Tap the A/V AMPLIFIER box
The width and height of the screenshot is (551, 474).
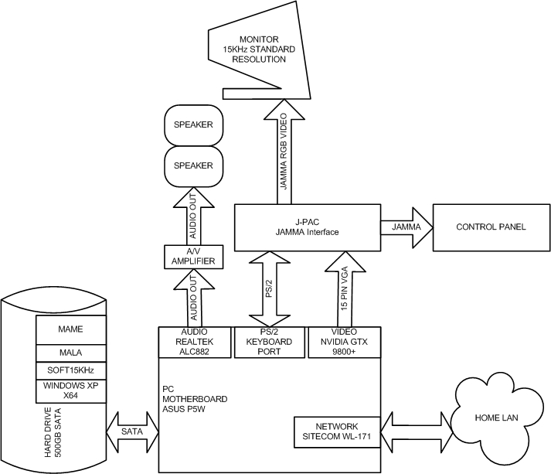click(x=195, y=257)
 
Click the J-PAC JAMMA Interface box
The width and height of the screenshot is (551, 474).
click(x=307, y=227)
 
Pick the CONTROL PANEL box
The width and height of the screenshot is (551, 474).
click(x=491, y=227)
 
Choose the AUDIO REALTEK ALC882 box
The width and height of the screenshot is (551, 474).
click(x=195, y=343)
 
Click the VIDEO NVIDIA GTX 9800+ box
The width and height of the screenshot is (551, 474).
click(x=345, y=343)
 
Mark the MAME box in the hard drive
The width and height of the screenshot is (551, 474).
click(x=70, y=329)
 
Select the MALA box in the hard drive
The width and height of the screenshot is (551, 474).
click(x=70, y=352)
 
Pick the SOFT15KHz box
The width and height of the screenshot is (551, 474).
click(x=70, y=370)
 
